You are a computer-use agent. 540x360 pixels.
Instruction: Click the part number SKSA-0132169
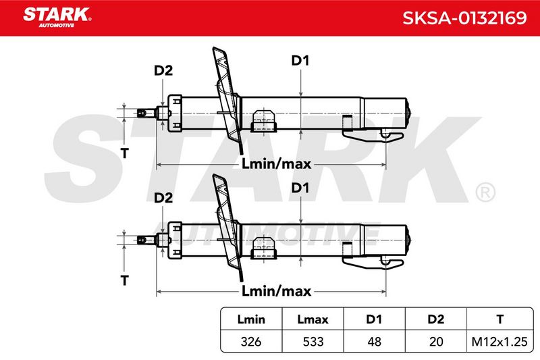point(464,18)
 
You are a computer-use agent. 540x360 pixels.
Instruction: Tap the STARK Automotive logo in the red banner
point(57,17)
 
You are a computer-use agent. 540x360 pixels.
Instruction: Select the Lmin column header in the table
point(251,319)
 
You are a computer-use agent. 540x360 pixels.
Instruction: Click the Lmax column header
point(313,319)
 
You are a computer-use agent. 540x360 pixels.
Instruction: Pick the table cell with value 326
point(251,341)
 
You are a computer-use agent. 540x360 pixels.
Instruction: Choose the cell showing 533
point(313,341)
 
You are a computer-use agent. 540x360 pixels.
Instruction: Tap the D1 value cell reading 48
point(375,341)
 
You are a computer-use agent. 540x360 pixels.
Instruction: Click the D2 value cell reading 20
point(436,341)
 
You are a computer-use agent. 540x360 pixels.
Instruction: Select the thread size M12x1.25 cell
point(500,341)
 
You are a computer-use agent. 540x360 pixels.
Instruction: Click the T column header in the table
point(500,319)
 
